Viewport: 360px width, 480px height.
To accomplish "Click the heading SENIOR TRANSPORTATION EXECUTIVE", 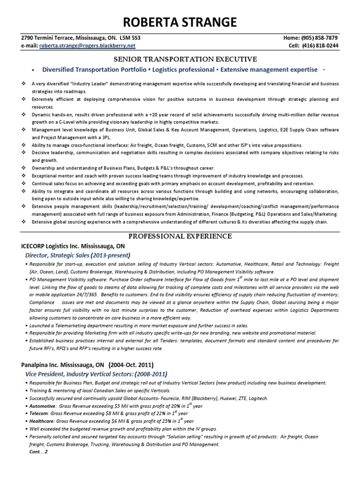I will click(180, 59).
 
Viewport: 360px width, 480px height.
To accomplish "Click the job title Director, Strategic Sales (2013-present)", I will click(77, 255).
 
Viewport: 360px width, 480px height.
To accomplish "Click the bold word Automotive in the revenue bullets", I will click(42, 405).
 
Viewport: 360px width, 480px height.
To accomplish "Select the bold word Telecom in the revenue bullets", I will click(39, 413).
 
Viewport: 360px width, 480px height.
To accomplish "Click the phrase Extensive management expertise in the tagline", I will click(269, 69).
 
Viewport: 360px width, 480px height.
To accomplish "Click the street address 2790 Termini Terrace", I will click(46, 37).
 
